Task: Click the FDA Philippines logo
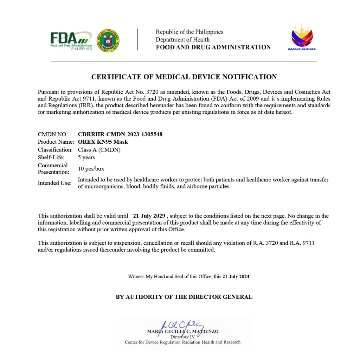71,41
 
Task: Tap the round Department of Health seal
108,41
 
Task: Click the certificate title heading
184,77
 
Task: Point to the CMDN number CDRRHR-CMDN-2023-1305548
120,134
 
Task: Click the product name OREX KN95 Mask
103,142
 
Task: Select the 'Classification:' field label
55,150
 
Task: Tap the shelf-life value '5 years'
86,157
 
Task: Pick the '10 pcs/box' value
91,169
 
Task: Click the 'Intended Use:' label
54,183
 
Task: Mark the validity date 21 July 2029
149,216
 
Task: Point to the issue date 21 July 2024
236,276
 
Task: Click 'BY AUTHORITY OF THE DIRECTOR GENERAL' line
184,297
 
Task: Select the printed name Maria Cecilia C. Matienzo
183,332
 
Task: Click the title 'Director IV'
182,337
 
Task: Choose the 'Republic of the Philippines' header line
189,32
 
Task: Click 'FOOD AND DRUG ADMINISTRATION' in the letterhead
213,47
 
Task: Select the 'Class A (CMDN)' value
99,150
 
